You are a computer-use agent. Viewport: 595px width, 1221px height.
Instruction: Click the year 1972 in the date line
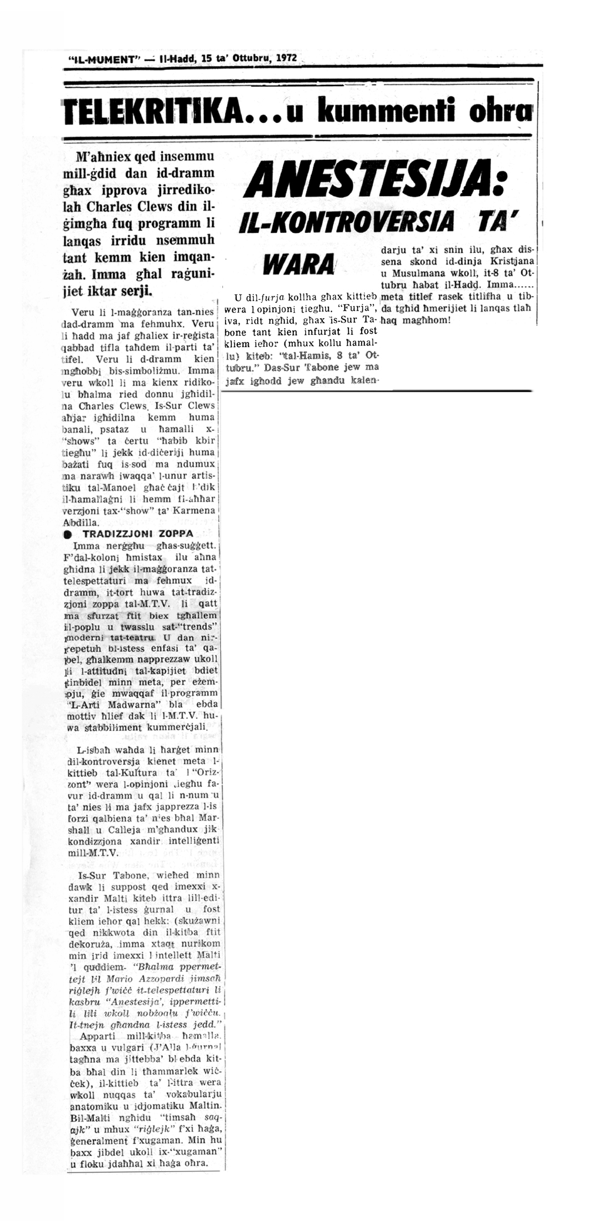pyautogui.click(x=286, y=58)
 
